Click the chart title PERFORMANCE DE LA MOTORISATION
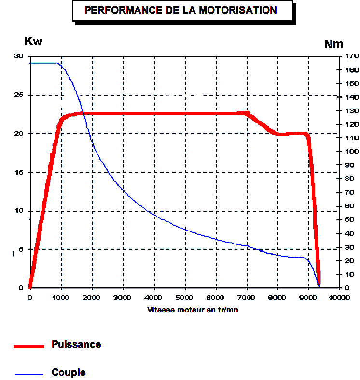180,10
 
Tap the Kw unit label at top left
33,41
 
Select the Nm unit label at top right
333,44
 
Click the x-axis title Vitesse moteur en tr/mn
193,310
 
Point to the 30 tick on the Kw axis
19,56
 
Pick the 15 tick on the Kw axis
19,172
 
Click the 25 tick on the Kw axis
19,95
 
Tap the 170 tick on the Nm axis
352,56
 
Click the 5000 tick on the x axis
185,298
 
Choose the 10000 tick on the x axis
339,298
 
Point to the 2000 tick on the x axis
92,298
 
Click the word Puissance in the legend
76,345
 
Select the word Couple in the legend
69,373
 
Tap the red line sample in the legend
29,346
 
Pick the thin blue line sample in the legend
29,374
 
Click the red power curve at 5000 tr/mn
185,114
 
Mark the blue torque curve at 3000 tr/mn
123,191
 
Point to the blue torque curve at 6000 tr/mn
216,239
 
